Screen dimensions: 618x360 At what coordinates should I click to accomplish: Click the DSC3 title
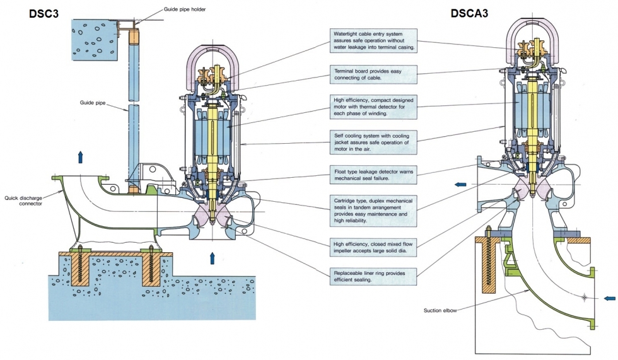44,13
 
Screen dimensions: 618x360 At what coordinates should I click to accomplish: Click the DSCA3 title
469,13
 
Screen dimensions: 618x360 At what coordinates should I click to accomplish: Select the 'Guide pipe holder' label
185,9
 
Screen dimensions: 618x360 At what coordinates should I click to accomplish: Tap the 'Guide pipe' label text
93,103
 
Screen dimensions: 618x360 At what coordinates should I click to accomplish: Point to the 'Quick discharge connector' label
24,200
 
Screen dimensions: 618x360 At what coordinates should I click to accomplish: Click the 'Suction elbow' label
440,310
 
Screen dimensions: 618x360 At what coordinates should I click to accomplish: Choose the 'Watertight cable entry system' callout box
373,40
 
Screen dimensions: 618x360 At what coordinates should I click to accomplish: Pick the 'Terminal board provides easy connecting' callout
373,74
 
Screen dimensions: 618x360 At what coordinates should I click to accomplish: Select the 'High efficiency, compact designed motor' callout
373,107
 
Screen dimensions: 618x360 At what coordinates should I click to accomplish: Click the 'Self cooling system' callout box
373,142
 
